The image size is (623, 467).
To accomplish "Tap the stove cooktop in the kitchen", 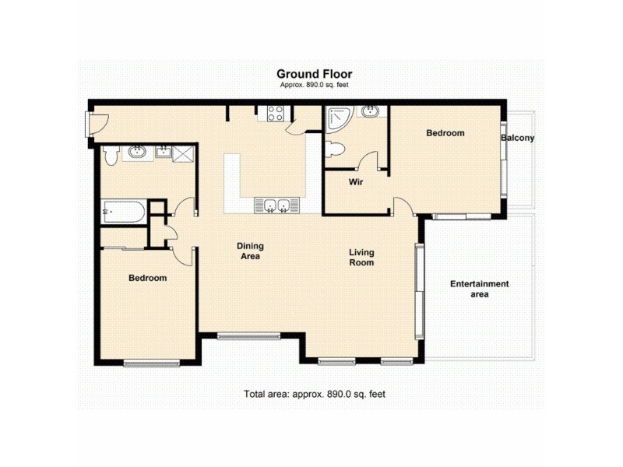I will (x=276, y=113).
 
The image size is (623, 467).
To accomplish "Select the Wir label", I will (x=357, y=182).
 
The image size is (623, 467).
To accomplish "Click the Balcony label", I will (x=517, y=139).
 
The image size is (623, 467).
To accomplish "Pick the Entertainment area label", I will (x=479, y=289).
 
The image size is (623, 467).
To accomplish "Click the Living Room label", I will (x=361, y=257).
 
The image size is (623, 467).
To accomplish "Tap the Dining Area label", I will (x=249, y=251).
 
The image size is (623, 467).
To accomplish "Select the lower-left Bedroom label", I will (x=147, y=278).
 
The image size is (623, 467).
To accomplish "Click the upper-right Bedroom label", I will (x=445, y=133).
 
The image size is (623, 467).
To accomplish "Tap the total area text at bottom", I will (x=315, y=395).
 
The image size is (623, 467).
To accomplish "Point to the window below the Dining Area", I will (x=248, y=336).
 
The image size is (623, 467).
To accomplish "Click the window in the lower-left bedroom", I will (x=151, y=362).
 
